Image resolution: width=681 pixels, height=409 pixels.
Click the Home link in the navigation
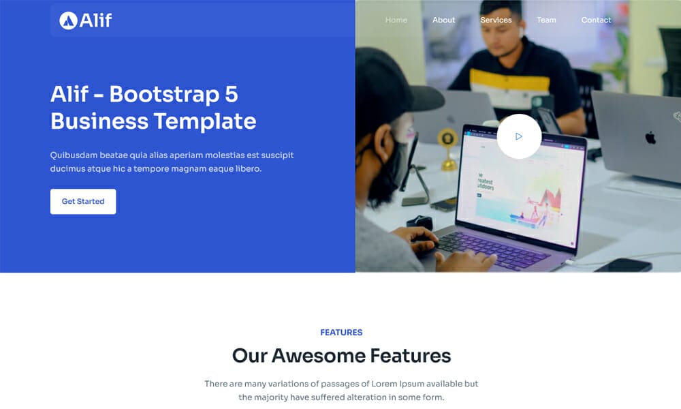(396, 20)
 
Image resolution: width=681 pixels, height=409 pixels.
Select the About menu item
(443, 20)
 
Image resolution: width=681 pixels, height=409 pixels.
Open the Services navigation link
(496, 20)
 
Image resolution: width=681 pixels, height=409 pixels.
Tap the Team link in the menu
(546, 20)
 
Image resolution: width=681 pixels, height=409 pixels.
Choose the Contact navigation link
(596, 20)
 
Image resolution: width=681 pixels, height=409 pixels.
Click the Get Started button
(83, 202)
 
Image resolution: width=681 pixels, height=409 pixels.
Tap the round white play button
(519, 136)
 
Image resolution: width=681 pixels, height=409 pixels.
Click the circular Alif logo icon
(67, 20)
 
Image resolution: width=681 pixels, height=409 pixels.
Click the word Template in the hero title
(205, 121)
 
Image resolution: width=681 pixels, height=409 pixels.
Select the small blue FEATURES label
(341, 333)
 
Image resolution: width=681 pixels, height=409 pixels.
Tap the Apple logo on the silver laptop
(650, 138)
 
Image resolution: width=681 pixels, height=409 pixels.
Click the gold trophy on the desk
(447, 147)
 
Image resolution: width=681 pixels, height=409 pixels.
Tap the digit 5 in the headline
(231, 94)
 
